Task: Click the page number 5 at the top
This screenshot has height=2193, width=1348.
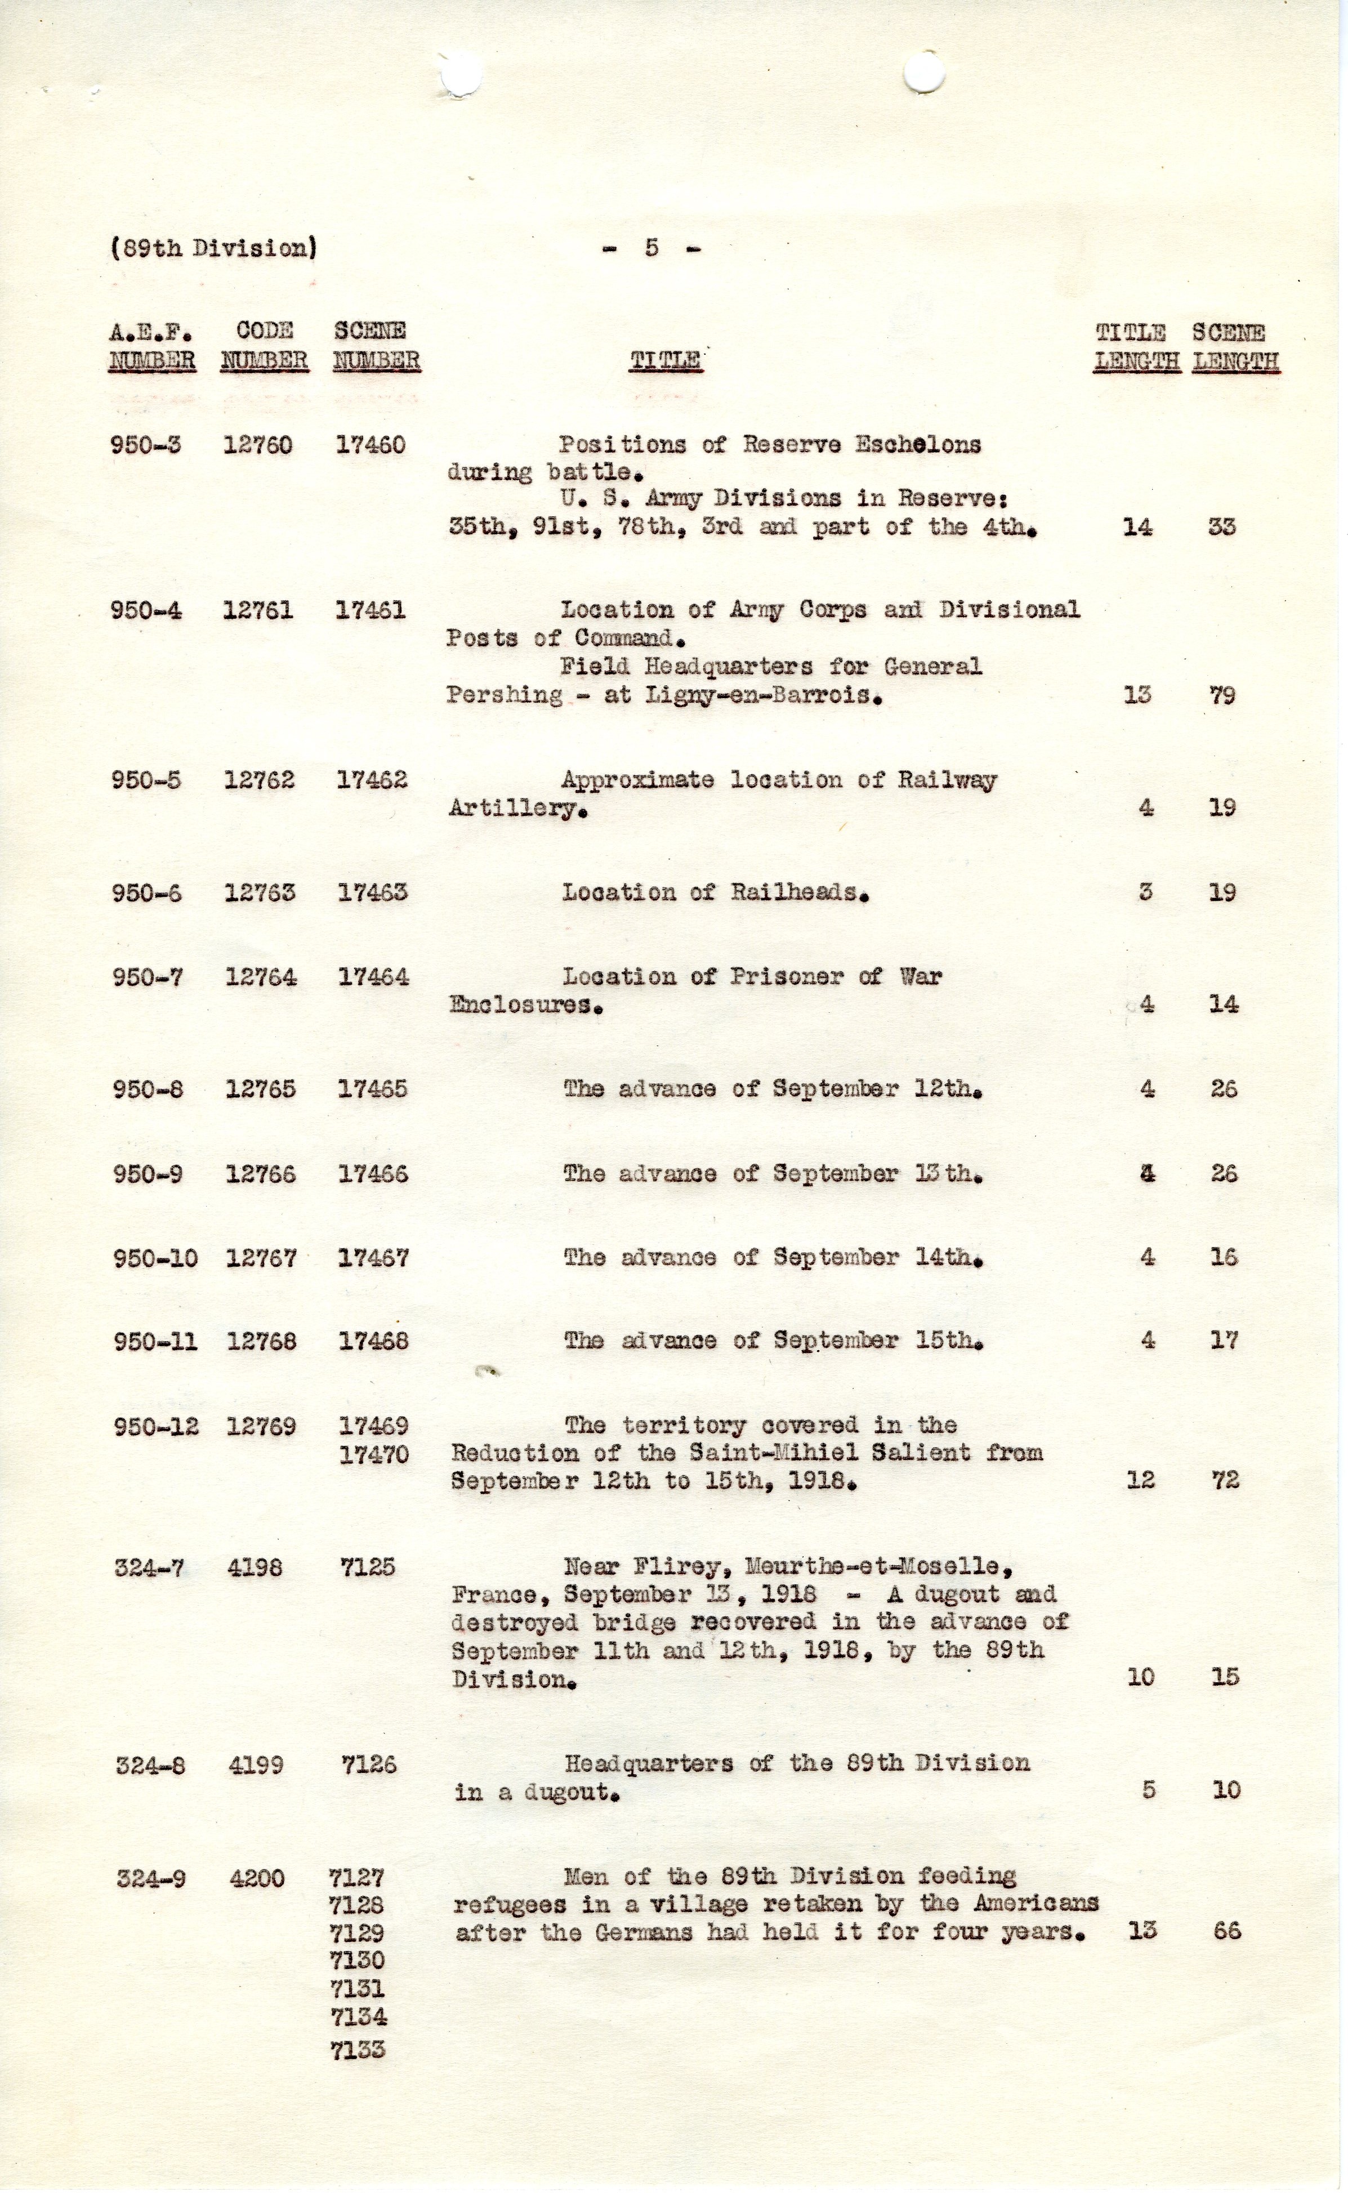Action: pos(651,247)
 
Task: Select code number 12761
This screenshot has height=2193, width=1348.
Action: pos(258,611)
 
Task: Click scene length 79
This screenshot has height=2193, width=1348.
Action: pos(1222,695)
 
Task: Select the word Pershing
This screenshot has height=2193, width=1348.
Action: pos(505,695)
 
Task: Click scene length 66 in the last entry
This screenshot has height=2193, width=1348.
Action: pos(1227,1932)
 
